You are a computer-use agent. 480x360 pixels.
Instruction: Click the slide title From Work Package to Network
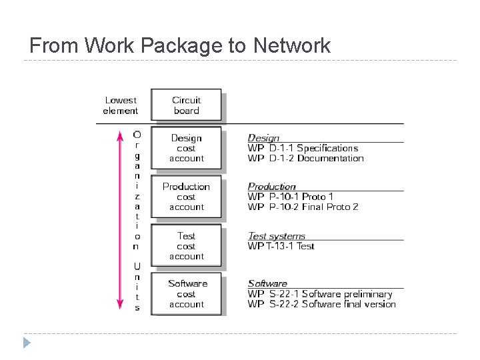point(180,45)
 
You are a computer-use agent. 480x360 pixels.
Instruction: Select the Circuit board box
point(186,105)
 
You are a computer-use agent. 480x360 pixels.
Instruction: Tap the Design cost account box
point(186,148)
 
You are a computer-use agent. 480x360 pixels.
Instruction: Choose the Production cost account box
point(186,197)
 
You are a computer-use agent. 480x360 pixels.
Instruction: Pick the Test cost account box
point(186,246)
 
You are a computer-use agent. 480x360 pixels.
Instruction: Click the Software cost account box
point(186,294)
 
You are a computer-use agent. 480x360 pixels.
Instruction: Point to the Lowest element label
point(121,105)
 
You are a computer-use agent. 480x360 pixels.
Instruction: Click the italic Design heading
point(263,138)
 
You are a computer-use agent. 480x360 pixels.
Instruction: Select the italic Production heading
point(271,187)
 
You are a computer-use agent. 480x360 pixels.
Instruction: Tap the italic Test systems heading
point(277,236)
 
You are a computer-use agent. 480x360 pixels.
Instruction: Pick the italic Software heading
point(267,284)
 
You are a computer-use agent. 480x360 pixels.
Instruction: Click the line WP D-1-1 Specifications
point(303,148)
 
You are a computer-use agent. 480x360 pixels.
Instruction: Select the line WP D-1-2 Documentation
point(306,158)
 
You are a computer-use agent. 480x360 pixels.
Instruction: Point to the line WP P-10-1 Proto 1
point(291,197)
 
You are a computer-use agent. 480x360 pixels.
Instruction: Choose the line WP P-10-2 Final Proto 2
point(303,207)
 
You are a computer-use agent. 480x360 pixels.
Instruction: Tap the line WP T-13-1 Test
point(281,246)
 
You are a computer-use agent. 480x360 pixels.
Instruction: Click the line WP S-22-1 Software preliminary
point(320,294)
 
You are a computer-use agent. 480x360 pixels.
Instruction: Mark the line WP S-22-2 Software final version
point(322,304)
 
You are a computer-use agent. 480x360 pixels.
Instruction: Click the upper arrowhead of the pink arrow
point(120,135)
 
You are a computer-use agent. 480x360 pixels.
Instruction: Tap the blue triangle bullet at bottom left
point(27,343)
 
